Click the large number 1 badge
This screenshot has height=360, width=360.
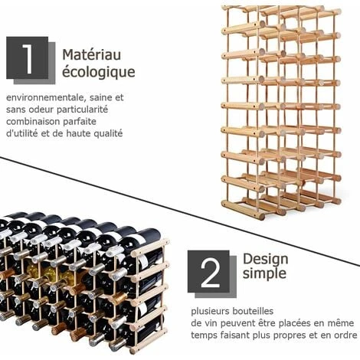pos(31,61)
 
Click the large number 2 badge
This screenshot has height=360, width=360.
pos(212,273)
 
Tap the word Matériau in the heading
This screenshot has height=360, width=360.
pos(92,54)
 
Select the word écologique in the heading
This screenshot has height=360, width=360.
pos(99,72)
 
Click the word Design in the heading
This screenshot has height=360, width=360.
pos(266,260)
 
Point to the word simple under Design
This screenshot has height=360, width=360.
pos(264,273)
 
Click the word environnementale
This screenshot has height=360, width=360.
pos(44,97)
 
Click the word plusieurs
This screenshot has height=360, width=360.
pos(210,312)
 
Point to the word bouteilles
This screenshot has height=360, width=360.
pos(253,311)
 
